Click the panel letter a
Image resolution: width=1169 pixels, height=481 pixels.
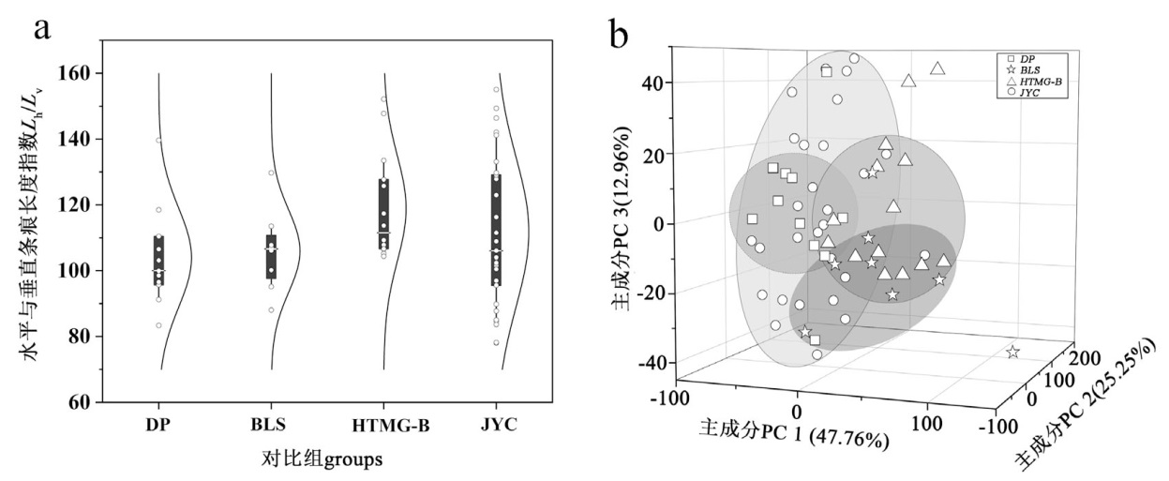[41, 27]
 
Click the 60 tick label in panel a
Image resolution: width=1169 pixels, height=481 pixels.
[82, 402]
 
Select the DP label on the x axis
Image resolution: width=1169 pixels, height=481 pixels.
[158, 426]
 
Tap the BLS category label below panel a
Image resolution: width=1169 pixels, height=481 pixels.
[272, 426]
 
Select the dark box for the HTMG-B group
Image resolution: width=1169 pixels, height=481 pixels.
[383, 214]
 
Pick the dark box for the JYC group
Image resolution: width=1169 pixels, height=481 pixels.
[496, 230]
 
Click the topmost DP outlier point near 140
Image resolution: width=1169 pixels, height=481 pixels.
[158, 140]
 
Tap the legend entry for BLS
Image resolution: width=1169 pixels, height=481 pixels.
[1026, 70]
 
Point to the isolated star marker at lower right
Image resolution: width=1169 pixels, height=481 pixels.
[1012, 353]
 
